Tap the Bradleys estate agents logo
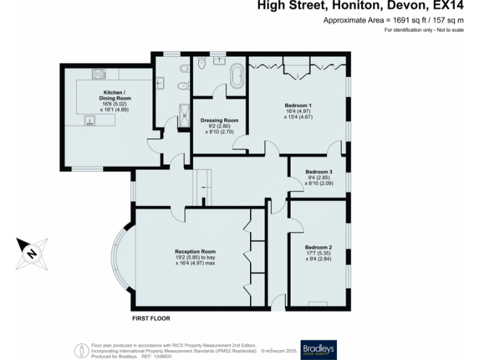pos(319,349)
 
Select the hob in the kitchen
pos(99,74)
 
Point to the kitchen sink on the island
pos(89,121)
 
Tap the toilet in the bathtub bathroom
pos(201,63)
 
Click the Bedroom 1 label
pos(298,104)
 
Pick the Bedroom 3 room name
pos(319,171)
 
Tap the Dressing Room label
pos(219,120)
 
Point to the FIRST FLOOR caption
pos(151,319)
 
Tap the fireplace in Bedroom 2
pos(317,304)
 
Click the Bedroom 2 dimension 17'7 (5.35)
pos(319,253)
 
